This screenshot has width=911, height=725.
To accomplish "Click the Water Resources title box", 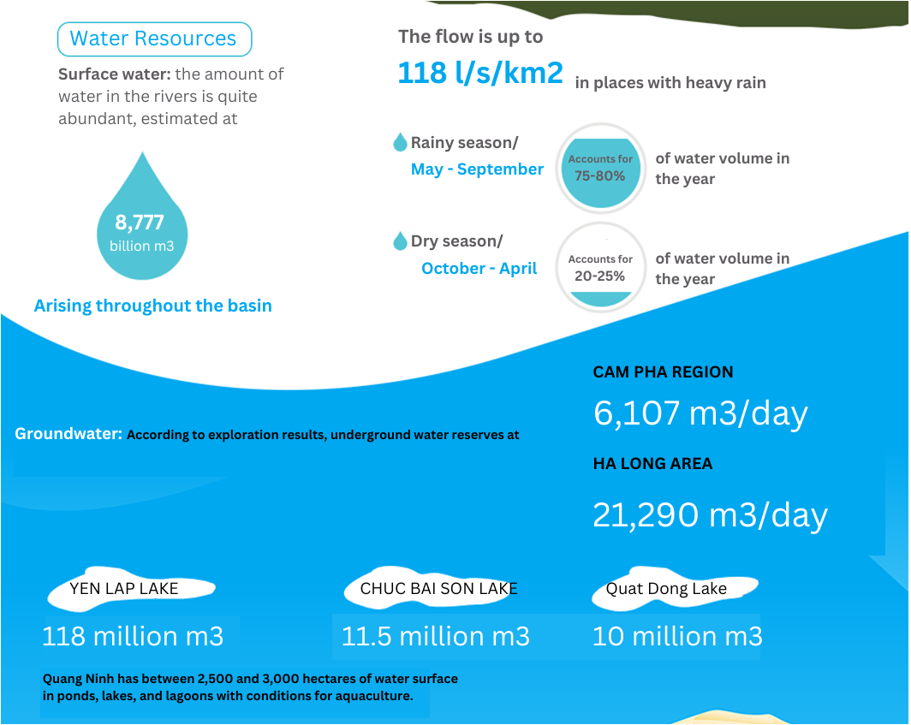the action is (154, 39).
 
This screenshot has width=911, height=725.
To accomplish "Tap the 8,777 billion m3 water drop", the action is (142, 221).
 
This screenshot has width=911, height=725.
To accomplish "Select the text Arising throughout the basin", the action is (152, 306).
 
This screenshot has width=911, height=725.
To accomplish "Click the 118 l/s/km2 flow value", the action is (480, 73).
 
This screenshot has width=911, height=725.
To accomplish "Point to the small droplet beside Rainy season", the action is (400, 142).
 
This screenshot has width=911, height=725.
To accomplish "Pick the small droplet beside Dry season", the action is (400, 241).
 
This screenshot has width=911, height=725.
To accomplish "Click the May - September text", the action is (477, 169).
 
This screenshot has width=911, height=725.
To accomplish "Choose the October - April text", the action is (479, 269).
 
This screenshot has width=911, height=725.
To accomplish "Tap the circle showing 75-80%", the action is (601, 169).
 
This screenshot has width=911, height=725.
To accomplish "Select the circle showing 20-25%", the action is (601, 267).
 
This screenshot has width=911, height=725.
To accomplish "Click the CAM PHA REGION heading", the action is (663, 371).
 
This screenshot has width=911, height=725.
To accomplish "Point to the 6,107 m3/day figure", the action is (700, 413).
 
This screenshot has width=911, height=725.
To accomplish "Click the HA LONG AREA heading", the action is (652, 464).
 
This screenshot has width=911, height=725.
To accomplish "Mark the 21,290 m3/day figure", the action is (710, 514).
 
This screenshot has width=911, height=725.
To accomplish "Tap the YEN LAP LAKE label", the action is (124, 589).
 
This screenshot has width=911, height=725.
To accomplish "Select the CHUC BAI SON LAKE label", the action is (438, 589).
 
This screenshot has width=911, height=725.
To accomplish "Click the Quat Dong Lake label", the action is (666, 589).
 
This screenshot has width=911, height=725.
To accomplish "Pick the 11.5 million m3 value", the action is (435, 636).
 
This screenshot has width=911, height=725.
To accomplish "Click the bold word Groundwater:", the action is (68, 434).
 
